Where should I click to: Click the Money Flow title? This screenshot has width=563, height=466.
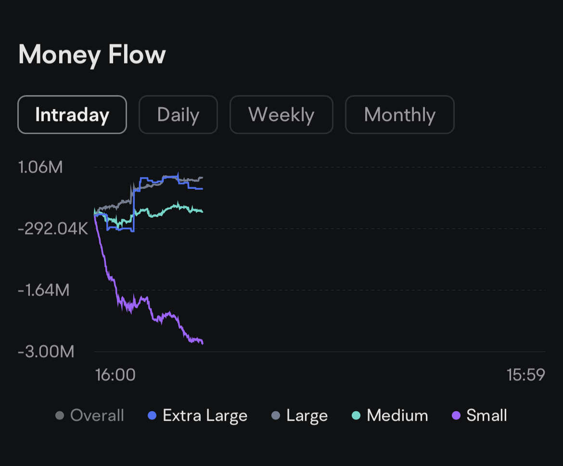pyautogui.click(x=92, y=54)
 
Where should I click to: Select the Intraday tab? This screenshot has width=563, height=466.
pyautogui.click(x=72, y=115)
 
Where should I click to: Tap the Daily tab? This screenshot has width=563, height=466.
pyautogui.click(x=178, y=115)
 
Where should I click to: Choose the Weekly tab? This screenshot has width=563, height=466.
pyautogui.click(x=281, y=115)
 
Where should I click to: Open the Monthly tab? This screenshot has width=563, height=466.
pyautogui.click(x=399, y=115)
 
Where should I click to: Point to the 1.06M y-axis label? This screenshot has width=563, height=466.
pyautogui.click(x=40, y=167)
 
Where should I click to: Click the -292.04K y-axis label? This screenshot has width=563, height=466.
pyautogui.click(x=53, y=229)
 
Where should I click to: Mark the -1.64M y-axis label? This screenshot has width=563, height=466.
pyautogui.click(x=44, y=290)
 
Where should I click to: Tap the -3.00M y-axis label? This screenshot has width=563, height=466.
pyautogui.click(x=46, y=352)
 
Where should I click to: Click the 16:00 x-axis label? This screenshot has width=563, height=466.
pyautogui.click(x=115, y=375)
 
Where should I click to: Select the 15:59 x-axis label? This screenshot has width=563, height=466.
pyautogui.click(x=525, y=375)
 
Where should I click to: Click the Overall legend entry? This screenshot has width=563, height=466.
pyautogui.click(x=90, y=415)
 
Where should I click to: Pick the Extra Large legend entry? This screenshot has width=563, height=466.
pyautogui.click(x=198, y=415)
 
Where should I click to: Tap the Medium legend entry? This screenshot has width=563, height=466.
pyautogui.click(x=390, y=415)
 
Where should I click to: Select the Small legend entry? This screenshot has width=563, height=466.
pyautogui.click(x=480, y=415)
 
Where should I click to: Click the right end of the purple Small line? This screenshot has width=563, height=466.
pyautogui.click(x=203, y=343)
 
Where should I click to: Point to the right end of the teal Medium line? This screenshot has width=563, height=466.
pyautogui.click(x=202, y=211)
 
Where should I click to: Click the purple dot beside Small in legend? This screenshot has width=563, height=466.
pyautogui.click(x=457, y=416)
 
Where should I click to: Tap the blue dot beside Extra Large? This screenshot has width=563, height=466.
pyautogui.click(x=153, y=416)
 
